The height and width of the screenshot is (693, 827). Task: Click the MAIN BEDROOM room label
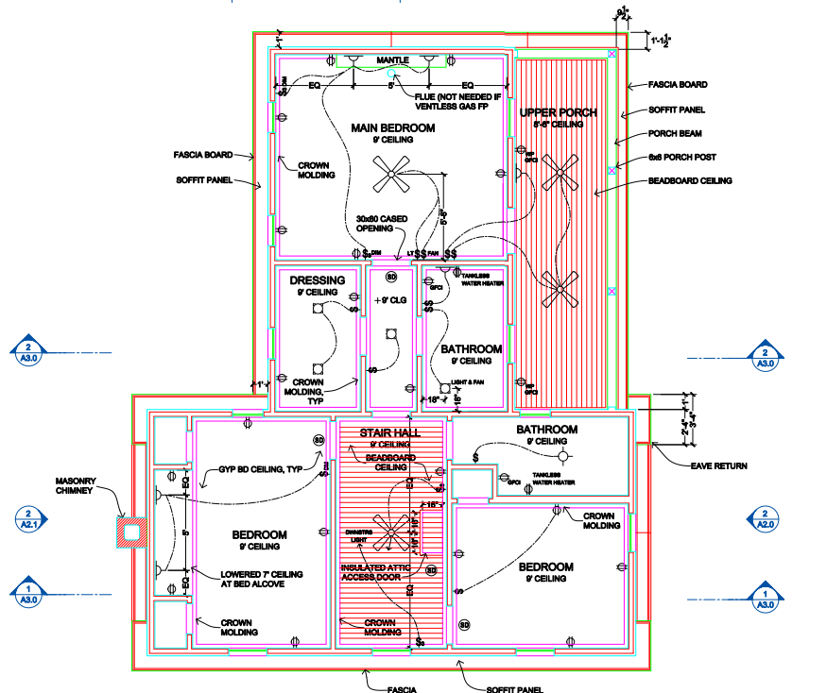pyautogui.click(x=392, y=127)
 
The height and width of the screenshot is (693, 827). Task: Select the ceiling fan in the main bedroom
pyautogui.click(x=390, y=174)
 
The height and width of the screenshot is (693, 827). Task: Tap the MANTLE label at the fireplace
pyautogui.click(x=392, y=60)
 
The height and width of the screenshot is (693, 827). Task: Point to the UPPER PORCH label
pyautogui.click(x=558, y=112)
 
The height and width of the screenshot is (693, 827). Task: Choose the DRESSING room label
pyautogui.click(x=317, y=280)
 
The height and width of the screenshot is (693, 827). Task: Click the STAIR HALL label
pyautogui.click(x=388, y=432)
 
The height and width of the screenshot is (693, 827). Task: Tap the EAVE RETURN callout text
pyautogui.click(x=717, y=465)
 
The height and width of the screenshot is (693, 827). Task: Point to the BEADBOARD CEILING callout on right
pyautogui.click(x=690, y=180)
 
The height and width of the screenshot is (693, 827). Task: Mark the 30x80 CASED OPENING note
pyautogui.click(x=382, y=224)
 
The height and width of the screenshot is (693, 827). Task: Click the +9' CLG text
pyautogui.click(x=390, y=299)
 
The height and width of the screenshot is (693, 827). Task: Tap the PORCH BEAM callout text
pyautogui.click(x=675, y=133)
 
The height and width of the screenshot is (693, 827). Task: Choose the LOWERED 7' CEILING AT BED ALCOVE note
pyautogui.click(x=261, y=578)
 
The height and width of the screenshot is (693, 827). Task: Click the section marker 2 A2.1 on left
pyautogui.click(x=27, y=518)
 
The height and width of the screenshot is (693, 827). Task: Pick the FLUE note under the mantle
pyautogui.click(x=450, y=101)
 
